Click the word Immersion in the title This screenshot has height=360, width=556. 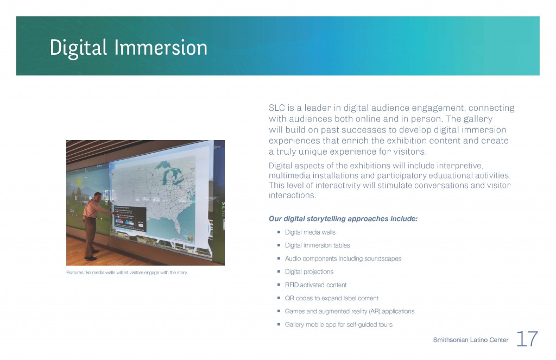click(x=161, y=48)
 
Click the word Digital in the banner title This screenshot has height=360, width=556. click(x=78, y=48)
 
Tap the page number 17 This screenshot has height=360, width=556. click(x=527, y=339)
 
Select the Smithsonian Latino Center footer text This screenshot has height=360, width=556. click(x=471, y=340)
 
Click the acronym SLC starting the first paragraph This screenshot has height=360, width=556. click(x=276, y=108)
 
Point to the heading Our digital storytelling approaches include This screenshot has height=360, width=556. click(x=343, y=218)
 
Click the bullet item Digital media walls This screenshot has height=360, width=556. click(x=310, y=232)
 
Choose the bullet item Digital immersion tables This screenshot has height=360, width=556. click(x=317, y=245)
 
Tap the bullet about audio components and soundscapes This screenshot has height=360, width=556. click(x=343, y=258)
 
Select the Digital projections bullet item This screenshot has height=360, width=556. click(x=309, y=271)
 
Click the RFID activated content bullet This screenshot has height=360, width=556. click(x=315, y=285)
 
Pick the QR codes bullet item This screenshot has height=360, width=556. click(x=332, y=298)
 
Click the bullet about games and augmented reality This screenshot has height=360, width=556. click(x=350, y=312)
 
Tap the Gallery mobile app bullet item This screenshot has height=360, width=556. click(x=339, y=325)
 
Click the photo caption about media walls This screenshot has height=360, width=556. click(x=127, y=273)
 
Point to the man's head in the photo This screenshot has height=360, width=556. click(x=98, y=197)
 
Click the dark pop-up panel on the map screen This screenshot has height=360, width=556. click(x=129, y=218)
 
